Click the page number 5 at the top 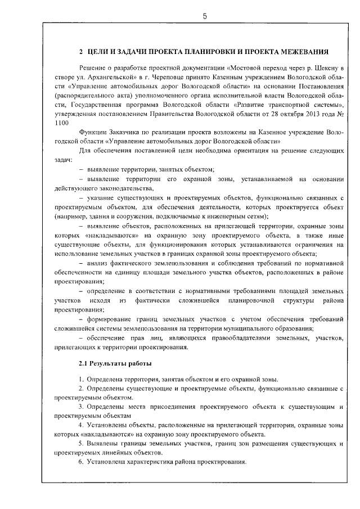point(205,16)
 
